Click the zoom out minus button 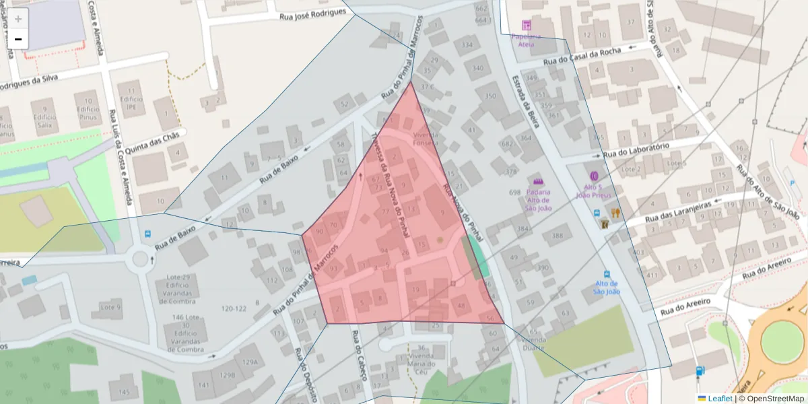pos(18,40)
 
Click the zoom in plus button pos(18,19)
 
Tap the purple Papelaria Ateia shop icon pos(526,25)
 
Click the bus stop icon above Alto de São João pos(607,275)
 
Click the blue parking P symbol pos(791,182)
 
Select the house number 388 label pos(557,236)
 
